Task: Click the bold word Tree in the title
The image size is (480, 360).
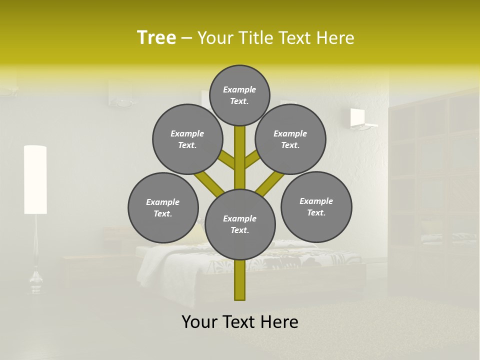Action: pos(156,37)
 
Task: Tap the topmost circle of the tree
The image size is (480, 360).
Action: pos(239,95)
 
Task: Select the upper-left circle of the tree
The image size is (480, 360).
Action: pos(187,139)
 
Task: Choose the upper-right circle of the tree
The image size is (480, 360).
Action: pos(290,139)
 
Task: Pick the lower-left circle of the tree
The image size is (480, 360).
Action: pos(163,207)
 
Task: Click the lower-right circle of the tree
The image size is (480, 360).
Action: pos(316,206)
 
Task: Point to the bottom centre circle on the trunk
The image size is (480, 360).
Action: pos(240,224)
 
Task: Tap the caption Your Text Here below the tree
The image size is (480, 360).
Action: pos(240,322)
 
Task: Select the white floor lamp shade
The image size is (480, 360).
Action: pos(35,179)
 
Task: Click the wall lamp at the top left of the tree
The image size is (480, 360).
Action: pos(121,94)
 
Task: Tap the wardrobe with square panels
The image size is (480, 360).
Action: pos(433,190)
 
